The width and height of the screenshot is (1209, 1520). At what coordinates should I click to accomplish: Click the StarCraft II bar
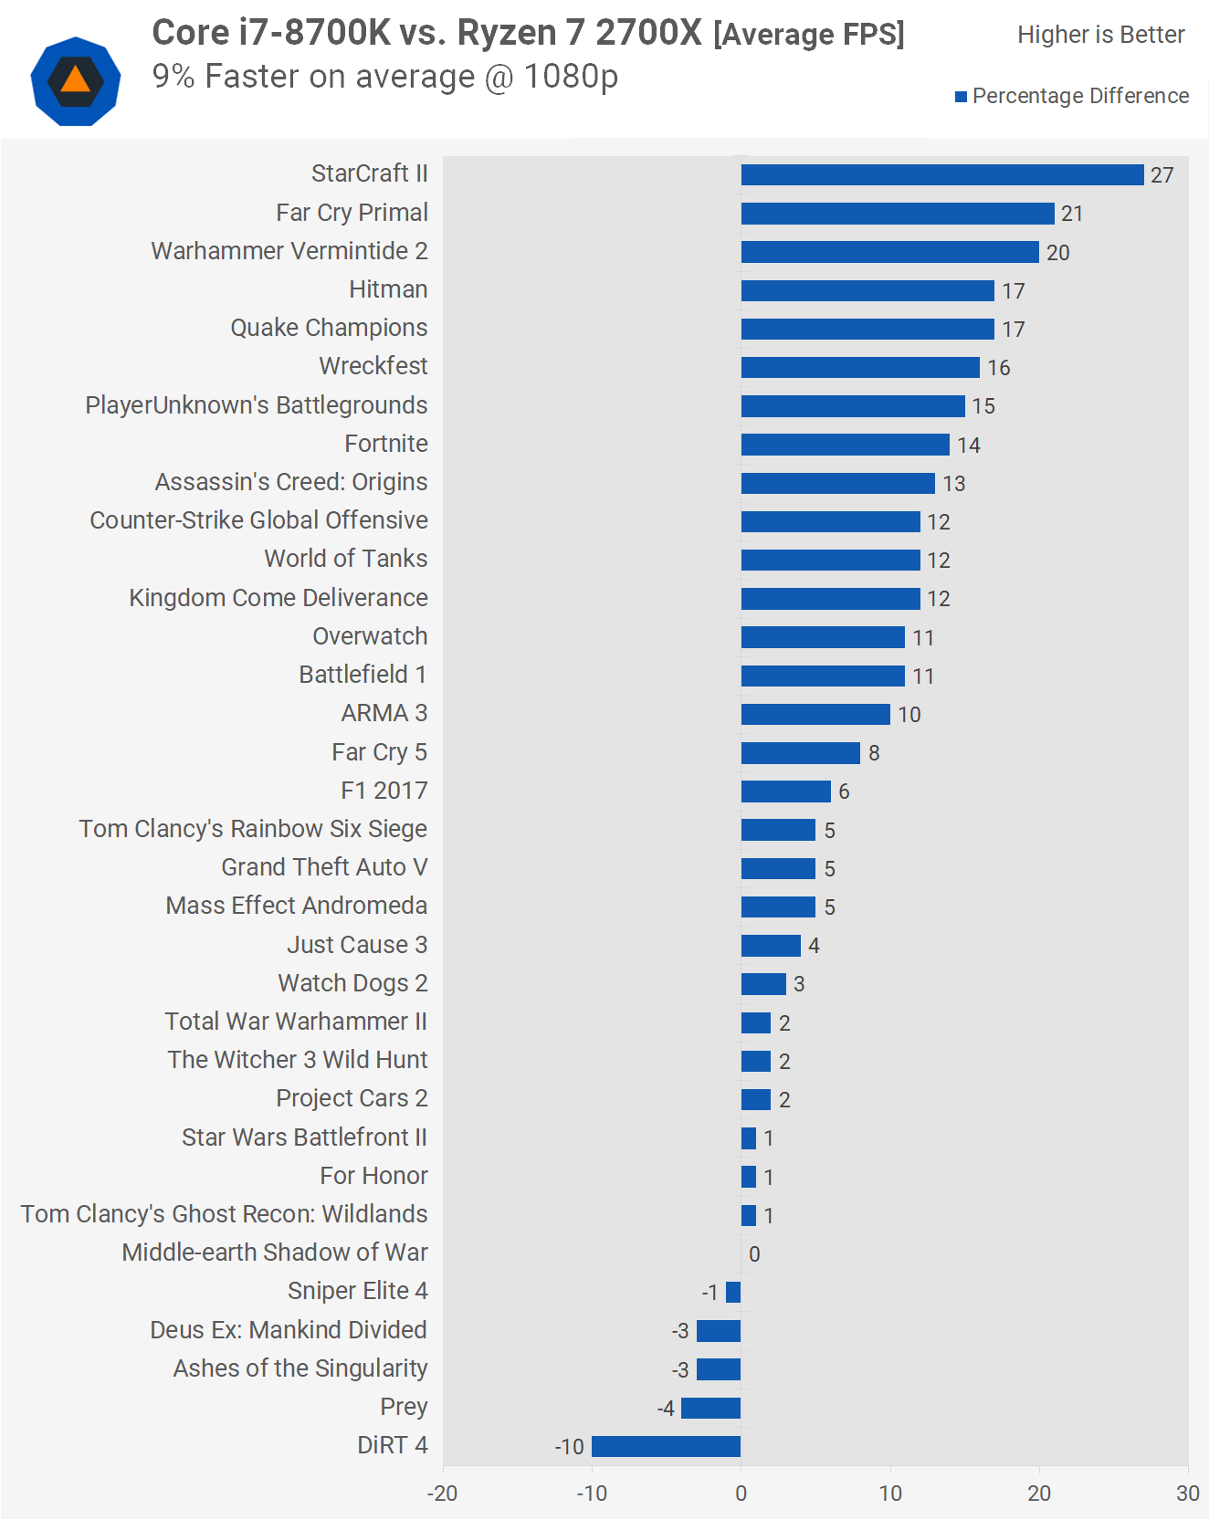tap(941, 174)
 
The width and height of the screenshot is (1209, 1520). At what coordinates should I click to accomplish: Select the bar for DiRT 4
tap(666, 1446)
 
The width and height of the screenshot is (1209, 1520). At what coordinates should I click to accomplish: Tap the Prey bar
tap(710, 1408)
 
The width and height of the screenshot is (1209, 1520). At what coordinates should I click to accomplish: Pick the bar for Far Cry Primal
tap(897, 214)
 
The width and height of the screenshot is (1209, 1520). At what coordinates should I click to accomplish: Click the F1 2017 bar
tap(785, 791)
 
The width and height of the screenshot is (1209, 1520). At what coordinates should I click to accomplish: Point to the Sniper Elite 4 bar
tap(733, 1292)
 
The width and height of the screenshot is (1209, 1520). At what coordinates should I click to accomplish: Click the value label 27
tap(1162, 175)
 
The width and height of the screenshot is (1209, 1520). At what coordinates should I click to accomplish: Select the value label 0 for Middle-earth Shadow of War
tap(754, 1254)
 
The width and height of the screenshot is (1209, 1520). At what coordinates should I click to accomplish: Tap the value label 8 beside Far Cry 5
tap(874, 753)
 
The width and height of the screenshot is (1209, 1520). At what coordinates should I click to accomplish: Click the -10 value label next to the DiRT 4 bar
tap(570, 1447)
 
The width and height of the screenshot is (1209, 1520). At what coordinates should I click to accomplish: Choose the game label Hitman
tap(388, 289)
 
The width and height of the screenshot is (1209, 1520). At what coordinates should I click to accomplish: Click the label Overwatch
tap(370, 636)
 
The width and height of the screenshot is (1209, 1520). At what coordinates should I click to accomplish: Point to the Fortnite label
tap(386, 444)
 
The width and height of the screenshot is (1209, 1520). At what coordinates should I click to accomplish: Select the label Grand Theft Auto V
tap(324, 867)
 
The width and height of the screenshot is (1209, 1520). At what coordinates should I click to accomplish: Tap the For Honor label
tap(373, 1176)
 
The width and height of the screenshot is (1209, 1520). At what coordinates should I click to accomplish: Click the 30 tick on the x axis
tap(1187, 1494)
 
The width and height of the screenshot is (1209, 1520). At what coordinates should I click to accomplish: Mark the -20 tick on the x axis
tap(443, 1494)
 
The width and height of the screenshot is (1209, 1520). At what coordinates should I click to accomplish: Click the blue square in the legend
tap(961, 97)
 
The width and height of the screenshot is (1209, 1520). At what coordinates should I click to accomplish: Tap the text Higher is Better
tap(1100, 35)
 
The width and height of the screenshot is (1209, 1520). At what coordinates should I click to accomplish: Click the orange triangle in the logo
tap(76, 81)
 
